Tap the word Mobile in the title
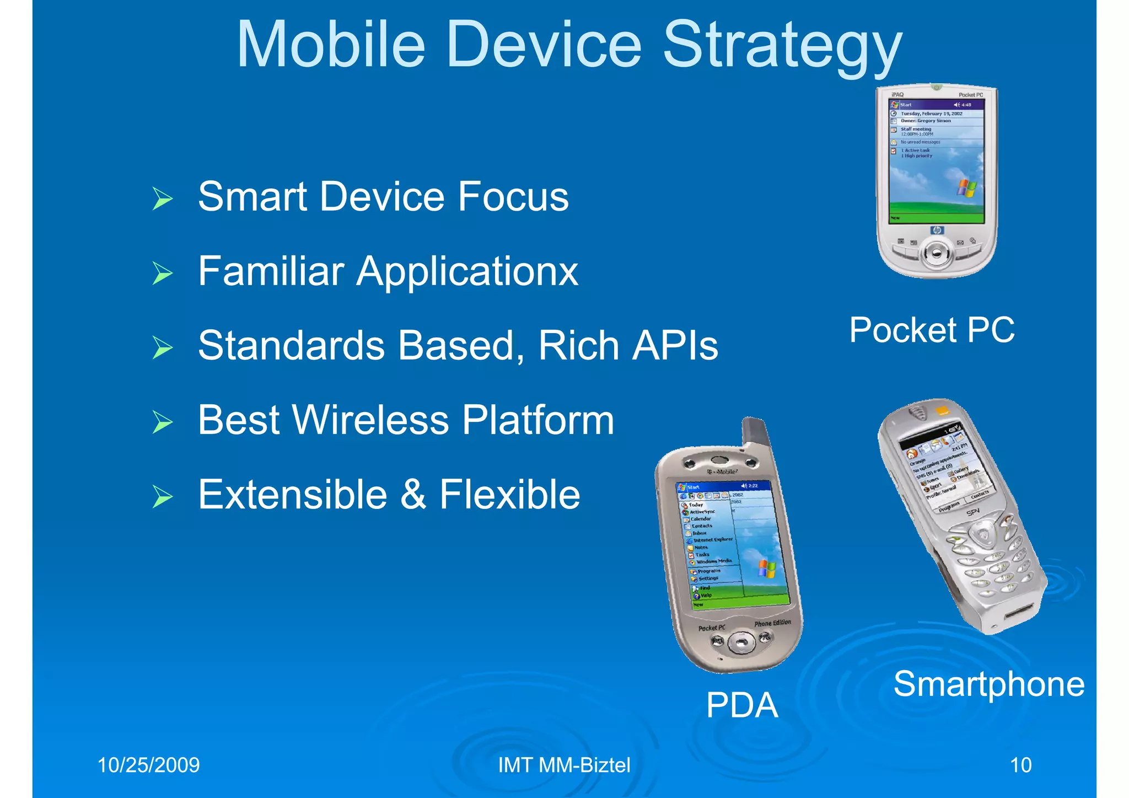(331, 45)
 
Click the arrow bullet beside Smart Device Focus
(163, 199)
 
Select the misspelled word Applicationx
(467, 271)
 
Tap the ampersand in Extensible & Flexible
(413, 495)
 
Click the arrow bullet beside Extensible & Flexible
(163, 496)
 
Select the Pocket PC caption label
(932, 330)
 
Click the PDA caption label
(742, 705)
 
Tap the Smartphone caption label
(988, 684)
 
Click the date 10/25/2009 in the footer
(148, 765)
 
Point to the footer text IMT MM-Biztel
(564, 765)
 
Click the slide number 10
(1020, 765)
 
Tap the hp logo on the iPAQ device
(937, 230)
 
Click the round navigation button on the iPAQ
(936, 253)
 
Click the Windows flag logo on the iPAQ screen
(966, 188)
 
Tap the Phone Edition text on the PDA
(772, 623)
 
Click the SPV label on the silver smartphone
(973, 513)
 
